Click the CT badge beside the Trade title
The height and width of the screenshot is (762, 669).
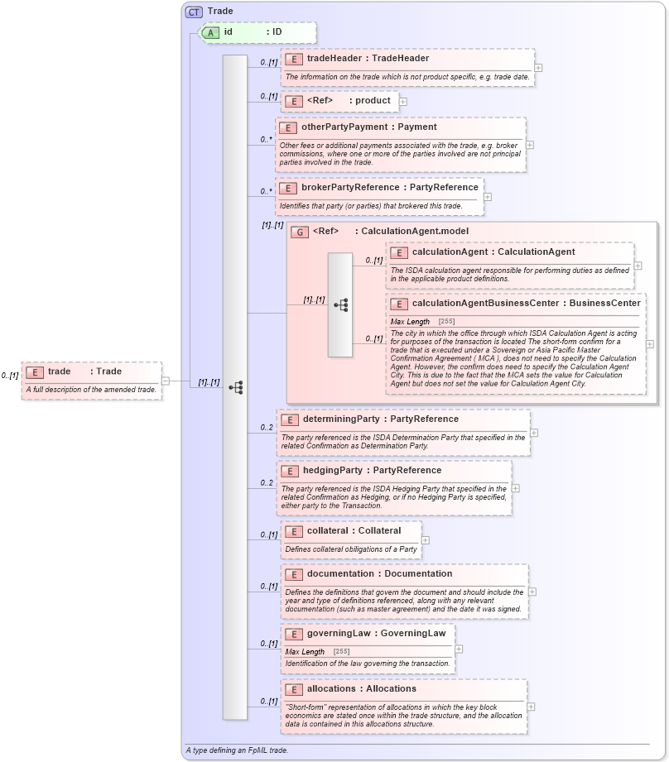click(194, 12)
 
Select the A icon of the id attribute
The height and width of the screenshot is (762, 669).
click(211, 32)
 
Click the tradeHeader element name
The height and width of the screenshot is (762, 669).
click(368, 59)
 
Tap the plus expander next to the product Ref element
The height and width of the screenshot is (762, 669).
click(403, 102)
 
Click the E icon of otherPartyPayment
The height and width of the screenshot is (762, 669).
click(286, 127)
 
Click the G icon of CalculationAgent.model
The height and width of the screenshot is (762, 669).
click(300, 232)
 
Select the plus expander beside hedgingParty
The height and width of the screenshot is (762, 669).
click(515, 488)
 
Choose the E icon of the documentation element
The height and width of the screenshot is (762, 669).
click(292, 574)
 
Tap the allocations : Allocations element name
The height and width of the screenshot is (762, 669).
click(361, 689)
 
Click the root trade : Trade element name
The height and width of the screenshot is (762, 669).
click(84, 371)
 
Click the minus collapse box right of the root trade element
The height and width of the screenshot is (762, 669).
click(165, 381)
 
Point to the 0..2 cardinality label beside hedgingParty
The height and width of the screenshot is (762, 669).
click(267, 483)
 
